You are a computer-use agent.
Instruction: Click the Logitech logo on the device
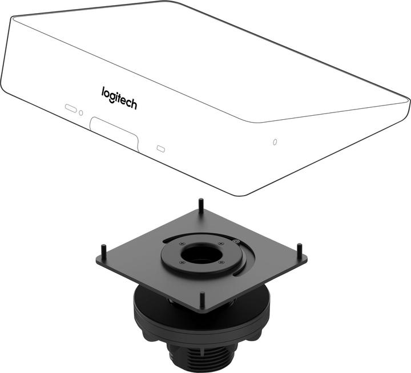(119, 98)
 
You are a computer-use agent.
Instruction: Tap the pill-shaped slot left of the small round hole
(71, 108)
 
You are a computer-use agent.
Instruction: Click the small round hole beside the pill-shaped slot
(81, 113)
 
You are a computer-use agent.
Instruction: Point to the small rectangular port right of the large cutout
(160, 149)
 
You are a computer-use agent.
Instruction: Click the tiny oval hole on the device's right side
(275, 142)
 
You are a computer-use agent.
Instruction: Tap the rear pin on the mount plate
(201, 206)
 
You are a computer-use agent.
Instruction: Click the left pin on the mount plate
(104, 252)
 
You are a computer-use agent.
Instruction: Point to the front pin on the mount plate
(202, 301)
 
